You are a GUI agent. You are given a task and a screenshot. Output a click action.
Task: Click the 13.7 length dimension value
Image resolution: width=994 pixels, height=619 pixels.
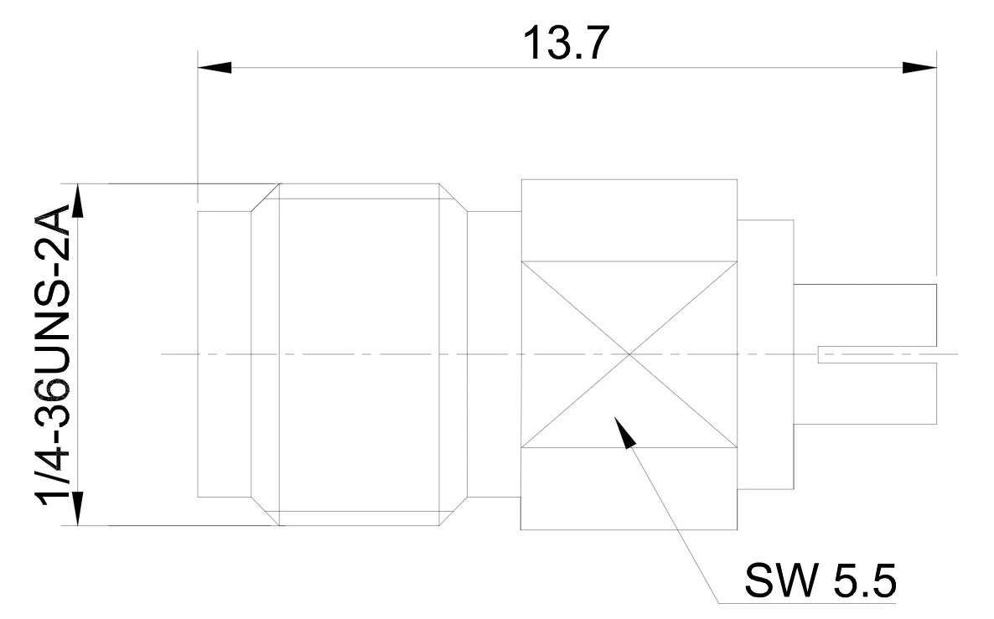click(x=566, y=43)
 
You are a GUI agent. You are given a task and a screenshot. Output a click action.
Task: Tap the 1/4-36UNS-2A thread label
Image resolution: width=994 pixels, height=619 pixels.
click(x=54, y=355)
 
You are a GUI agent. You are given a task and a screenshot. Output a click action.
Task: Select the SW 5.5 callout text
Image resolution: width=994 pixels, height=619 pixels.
click(x=821, y=580)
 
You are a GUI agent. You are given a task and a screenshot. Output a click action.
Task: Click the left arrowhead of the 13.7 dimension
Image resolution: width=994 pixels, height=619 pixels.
click(x=215, y=67)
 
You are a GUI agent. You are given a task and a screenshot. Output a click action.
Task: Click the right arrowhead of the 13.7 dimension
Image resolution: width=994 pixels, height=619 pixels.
click(x=919, y=67)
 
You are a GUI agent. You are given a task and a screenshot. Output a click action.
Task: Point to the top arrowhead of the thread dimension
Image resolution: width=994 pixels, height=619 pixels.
click(x=78, y=201)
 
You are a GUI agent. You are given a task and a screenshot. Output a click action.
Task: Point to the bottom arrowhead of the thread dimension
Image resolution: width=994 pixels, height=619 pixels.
click(x=78, y=508)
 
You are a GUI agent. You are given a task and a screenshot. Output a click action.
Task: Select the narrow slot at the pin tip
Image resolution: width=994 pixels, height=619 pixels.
click(x=877, y=355)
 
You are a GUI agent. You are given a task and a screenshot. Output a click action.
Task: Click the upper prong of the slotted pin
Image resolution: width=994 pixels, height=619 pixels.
click(x=865, y=316)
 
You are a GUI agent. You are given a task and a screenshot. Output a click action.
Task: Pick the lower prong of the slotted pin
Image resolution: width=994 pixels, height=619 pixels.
click(x=865, y=393)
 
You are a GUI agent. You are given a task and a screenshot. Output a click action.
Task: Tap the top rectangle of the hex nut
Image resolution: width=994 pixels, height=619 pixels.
click(x=629, y=220)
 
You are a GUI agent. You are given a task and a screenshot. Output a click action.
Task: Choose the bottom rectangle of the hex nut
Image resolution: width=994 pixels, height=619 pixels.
click(x=629, y=488)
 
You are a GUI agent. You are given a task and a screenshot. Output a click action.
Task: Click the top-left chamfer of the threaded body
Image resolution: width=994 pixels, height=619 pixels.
click(x=265, y=198)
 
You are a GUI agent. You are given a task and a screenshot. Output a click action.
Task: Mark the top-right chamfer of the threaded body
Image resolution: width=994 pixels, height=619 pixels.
click(x=453, y=198)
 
